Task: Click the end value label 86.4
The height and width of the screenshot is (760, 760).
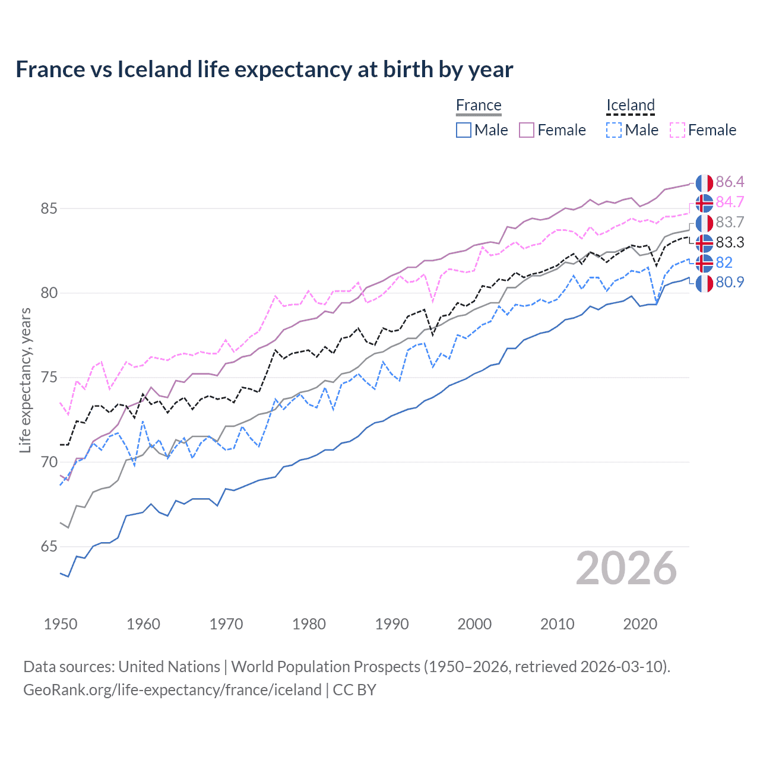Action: pos(730,182)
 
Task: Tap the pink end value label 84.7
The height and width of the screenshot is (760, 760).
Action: pos(730,202)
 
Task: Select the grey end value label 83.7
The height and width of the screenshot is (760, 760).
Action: pos(730,223)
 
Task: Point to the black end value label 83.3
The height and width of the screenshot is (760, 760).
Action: pos(730,243)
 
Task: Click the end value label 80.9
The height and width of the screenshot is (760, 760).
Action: pos(730,283)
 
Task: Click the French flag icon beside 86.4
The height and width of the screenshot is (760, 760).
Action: pos(704,183)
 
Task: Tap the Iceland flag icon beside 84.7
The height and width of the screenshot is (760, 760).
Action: pos(704,203)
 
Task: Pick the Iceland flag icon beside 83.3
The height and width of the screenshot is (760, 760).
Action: pos(704,243)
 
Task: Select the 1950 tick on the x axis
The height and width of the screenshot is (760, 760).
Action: pos(61,624)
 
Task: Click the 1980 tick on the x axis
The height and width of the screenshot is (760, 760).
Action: pos(309,624)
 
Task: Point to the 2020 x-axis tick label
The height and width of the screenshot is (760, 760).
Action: pos(640,624)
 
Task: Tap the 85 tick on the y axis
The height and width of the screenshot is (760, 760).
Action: pos(49,209)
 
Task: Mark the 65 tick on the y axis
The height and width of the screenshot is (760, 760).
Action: pos(49,547)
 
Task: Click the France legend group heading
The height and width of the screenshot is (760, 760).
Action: pos(479,106)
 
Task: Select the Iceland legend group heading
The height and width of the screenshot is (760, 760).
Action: pos(630,106)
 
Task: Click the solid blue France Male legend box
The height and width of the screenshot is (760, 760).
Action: pos(464,130)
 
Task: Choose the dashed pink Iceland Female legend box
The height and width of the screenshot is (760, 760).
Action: pos(677,130)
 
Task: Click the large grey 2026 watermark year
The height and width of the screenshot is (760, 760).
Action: pos(626,568)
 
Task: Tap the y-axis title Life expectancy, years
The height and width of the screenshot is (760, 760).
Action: pos(25,380)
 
